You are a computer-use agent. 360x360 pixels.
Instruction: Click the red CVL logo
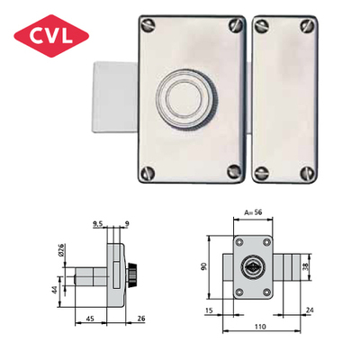tap(51, 36)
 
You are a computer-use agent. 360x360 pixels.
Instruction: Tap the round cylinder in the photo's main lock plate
tap(187, 100)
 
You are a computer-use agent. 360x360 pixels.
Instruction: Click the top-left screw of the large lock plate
tap(148, 24)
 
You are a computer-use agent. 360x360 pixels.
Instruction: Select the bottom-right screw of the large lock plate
tap(234, 171)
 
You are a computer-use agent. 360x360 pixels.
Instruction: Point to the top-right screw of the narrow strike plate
tap(307, 26)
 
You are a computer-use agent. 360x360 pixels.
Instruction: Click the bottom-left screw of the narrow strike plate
tap(261, 172)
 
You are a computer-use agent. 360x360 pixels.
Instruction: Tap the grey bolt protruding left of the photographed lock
tap(115, 97)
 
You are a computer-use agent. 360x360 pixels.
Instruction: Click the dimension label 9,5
tap(98, 223)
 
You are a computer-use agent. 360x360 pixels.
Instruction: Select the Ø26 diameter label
tap(62, 249)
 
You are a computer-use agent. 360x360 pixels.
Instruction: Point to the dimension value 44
tap(55, 291)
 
